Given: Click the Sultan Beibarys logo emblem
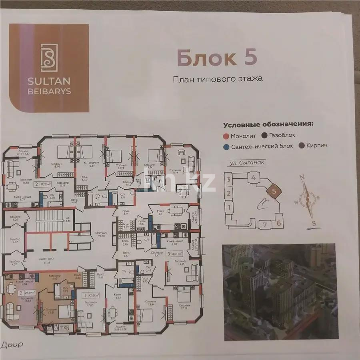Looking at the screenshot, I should click(x=49, y=58).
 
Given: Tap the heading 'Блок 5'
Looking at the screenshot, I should click(x=216, y=58).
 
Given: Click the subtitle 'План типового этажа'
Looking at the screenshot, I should click(x=218, y=79).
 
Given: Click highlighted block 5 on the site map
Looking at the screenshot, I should click(x=274, y=191).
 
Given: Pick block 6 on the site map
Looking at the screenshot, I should click(x=279, y=222).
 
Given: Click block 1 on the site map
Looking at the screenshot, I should click(x=229, y=208).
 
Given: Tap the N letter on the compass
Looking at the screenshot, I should click(x=303, y=178).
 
